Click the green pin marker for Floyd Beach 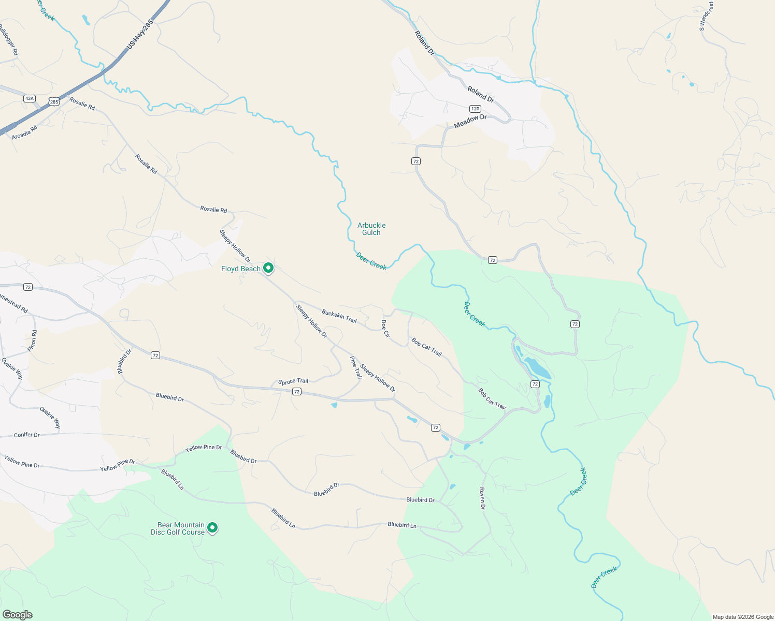[268, 268]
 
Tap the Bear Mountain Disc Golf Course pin [212, 528]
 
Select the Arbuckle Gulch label [371, 229]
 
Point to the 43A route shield [29, 98]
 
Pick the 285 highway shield [54, 102]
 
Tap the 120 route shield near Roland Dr [475, 109]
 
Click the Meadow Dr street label [470, 121]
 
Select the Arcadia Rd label [25, 131]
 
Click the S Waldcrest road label [706, 17]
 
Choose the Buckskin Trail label [339, 316]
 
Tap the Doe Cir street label [385, 329]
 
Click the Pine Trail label [356, 367]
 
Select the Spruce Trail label [293, 382]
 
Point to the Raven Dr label [482, 498]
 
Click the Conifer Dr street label [27, 435]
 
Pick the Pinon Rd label [33, 341]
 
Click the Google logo [17, 615]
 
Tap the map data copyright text [743, 617]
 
